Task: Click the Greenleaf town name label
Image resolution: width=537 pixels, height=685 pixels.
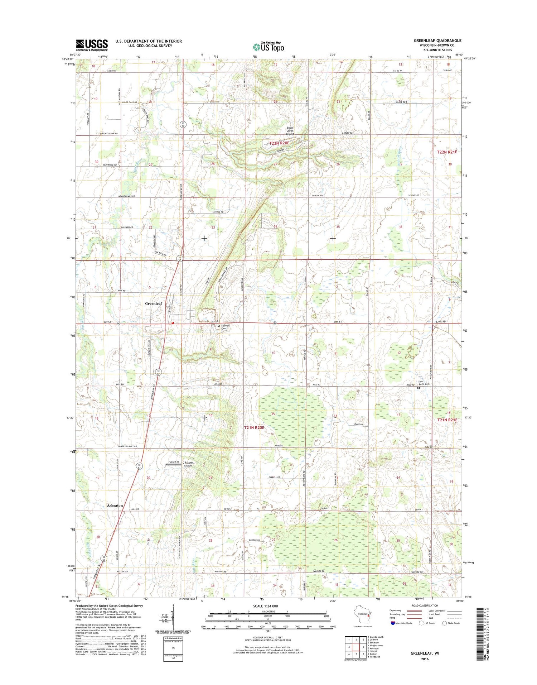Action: point(153,303)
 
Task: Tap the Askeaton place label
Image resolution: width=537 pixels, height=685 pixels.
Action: point(115,505)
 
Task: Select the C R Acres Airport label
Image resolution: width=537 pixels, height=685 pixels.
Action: point(188,464)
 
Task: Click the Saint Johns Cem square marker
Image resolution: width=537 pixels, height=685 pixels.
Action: point(419,388)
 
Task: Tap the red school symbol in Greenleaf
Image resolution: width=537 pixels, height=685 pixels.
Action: point(173,323)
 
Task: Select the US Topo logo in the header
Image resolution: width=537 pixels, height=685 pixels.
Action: point(268,47)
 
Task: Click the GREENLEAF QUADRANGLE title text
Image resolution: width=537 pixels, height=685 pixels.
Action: point(437,40)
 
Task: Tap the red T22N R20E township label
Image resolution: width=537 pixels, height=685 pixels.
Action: point(279,143)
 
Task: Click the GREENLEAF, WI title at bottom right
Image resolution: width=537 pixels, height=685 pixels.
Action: point(425,653)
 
